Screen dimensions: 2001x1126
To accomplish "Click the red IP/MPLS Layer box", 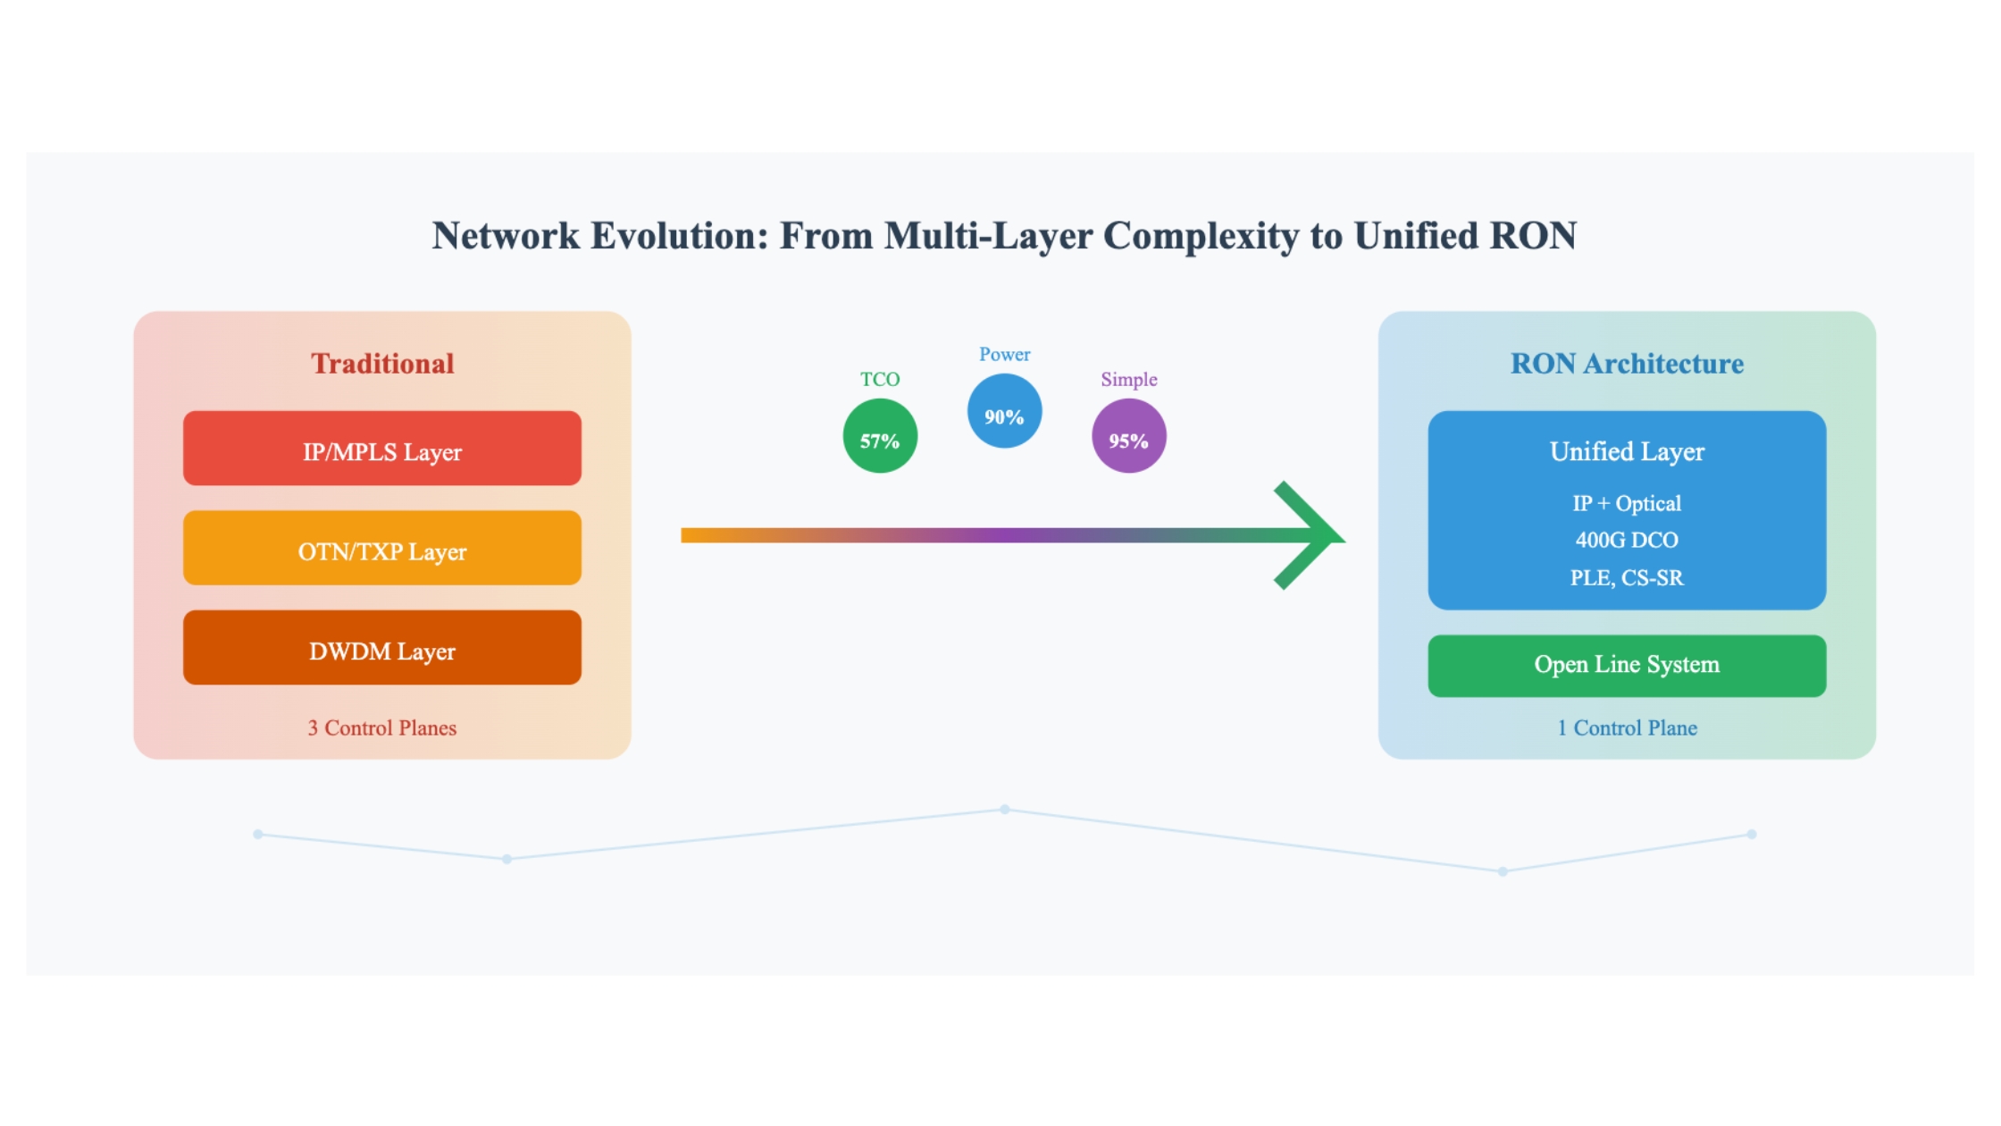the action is pyautogui.click(x=382, y=448).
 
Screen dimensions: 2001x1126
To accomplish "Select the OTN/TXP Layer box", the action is pyautogui.click(x=382, y=548).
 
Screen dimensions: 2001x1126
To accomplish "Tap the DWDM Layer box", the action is pyautogui.click(x=382, y=648).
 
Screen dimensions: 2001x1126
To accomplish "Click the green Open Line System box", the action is pyautogui.click(x=1627, y=666).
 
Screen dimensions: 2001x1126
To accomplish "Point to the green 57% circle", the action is pyautogui.click(x=880, y=436).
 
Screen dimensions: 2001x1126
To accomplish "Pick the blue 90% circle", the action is pyautogui.click(x=1004, y=411).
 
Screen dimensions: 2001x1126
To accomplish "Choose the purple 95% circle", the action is pyautogui.click(x=1129, y=436).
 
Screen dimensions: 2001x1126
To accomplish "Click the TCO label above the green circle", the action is pyautogui.click(x=880, y=379).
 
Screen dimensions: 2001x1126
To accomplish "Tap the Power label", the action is pyautogui.click(x=1004, y=354).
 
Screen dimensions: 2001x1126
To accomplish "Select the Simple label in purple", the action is pyautogui.click(x=1129, y=380).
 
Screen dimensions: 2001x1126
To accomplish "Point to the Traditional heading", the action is pyautogui.click(x=382, y=364).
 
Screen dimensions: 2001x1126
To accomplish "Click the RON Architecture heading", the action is pyautogui.click(x=1627, y=364).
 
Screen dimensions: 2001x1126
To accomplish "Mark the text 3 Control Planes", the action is pyautogui.click(x=382, y=727).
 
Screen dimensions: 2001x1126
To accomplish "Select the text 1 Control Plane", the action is pyautogui.click(x=1627, y=727).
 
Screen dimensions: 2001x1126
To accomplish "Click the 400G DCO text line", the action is pyautogui.click(x=1627, y=540).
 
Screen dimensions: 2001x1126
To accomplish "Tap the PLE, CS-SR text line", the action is pyautogui.click(x=1627, y=578).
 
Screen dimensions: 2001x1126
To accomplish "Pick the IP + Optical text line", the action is pyautogui.click(x=1627, y=503).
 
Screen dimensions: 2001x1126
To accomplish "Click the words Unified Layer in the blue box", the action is pyautogui.click(x=1627, y=452).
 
